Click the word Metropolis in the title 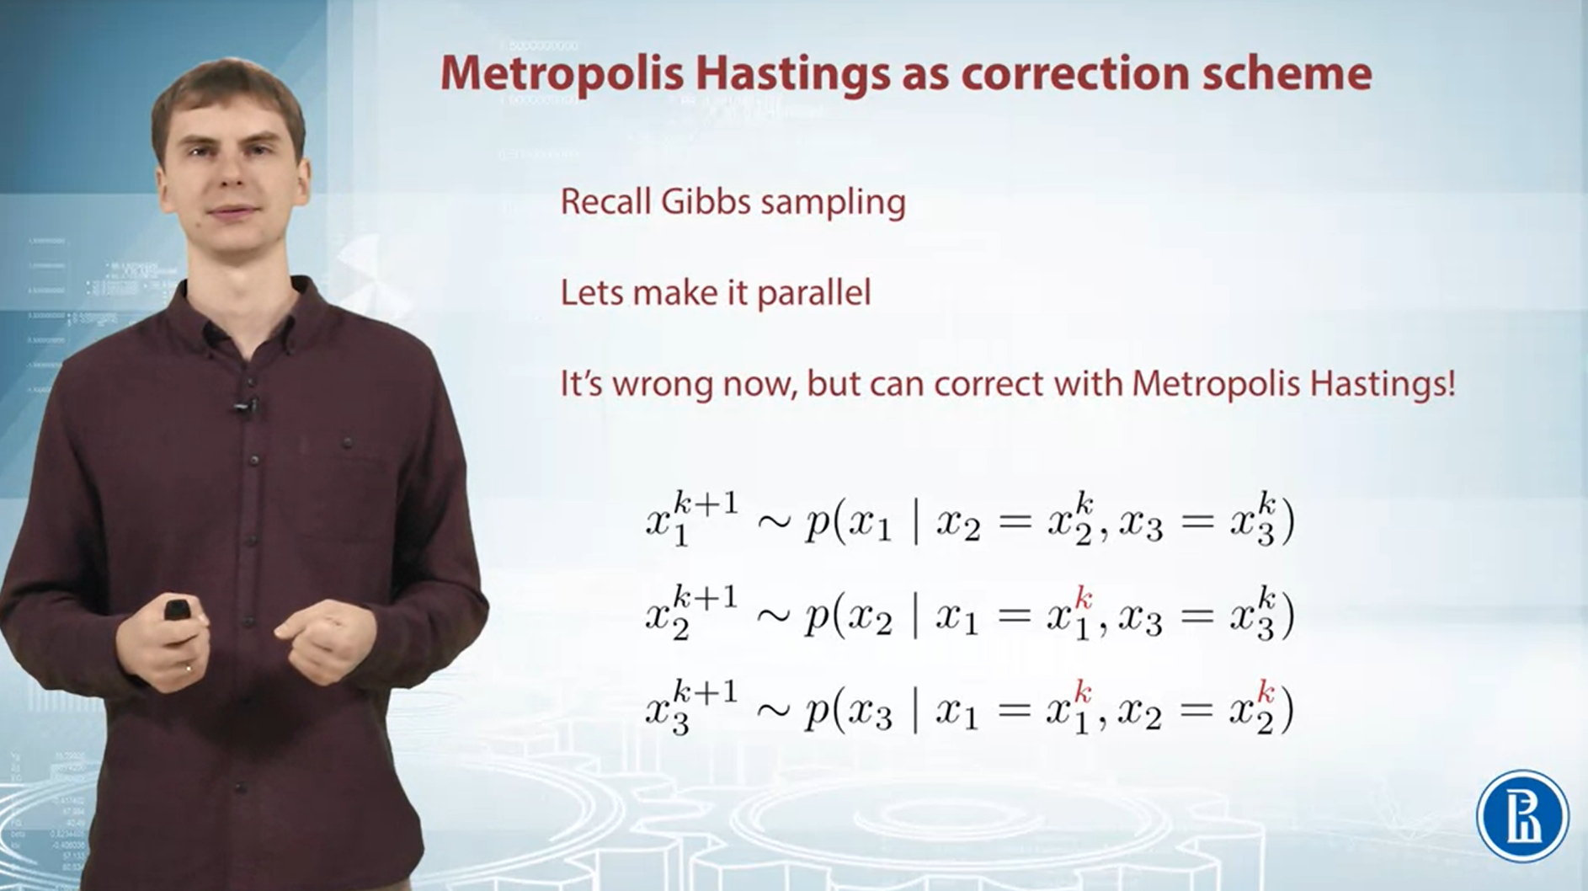point(562,73)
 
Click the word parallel point(813,293)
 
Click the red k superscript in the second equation point(1083,600)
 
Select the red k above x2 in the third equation point(1265,693)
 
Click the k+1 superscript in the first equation point(706,504)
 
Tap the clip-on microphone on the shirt point(245,408)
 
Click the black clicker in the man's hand point(178,608)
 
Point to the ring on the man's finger point(188,669)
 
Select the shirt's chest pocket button point(346,443)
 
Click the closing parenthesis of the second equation point(1286,617)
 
